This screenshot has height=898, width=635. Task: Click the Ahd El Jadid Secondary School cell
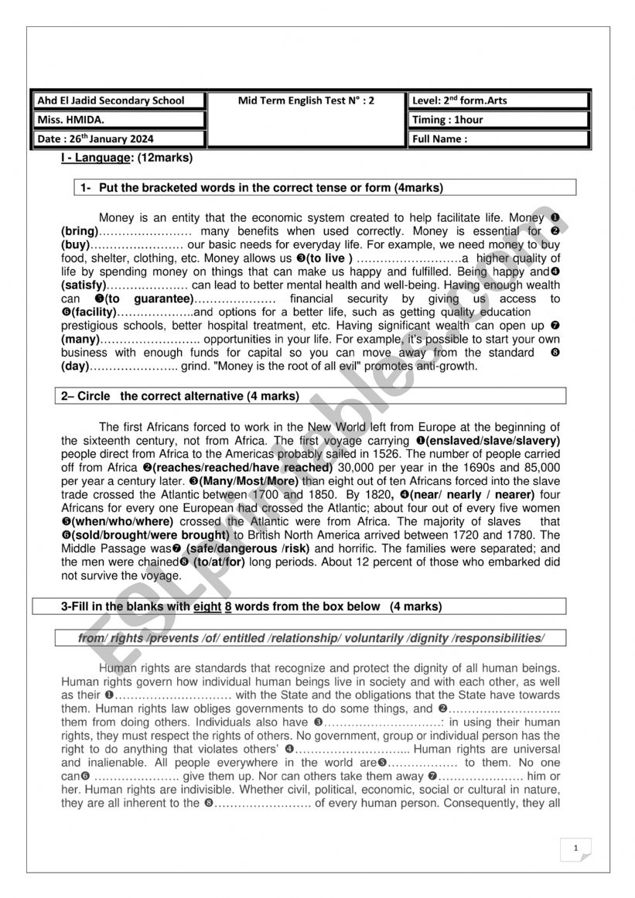(x=120, y=101)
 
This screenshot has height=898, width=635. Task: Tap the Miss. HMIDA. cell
(x=120, y=120)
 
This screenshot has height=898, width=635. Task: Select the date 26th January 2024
(x=120, y=139)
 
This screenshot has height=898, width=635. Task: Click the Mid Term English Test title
(x=307, y=101)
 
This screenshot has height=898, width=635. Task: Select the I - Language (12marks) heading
(x=126, y=159)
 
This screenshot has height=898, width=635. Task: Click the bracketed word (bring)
(x=80, y=231)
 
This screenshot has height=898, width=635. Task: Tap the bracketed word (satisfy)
(x=83, y=285)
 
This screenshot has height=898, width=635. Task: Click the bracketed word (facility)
(x=88, y=312)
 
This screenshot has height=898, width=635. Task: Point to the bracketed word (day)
(x=75, y=367)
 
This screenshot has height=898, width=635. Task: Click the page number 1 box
(x=575, y=848)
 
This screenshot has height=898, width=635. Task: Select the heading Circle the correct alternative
(x=179, y=397)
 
